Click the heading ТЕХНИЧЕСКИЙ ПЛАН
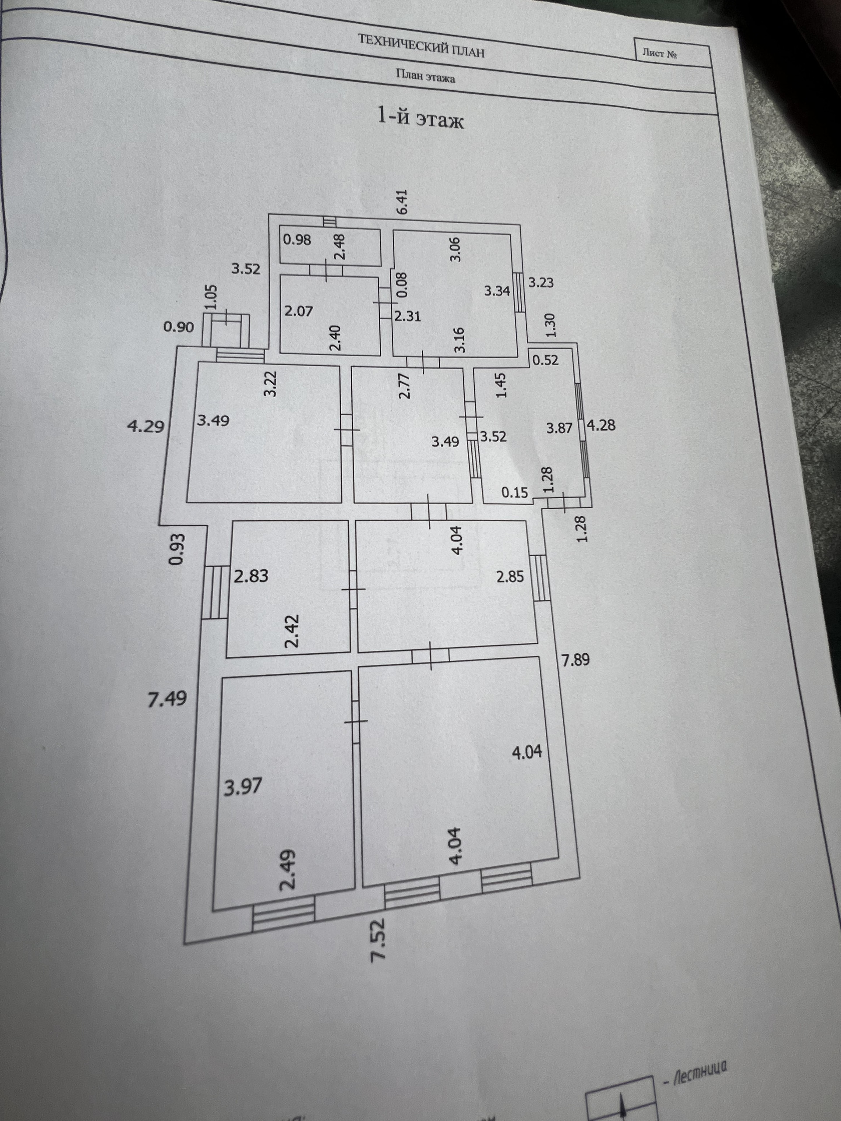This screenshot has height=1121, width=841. pyautogui.click(x=421, y=46)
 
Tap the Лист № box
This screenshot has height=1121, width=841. pyautogui.click(x=660, y=54)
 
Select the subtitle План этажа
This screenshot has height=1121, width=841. pyautogui.click(x=425, y=76)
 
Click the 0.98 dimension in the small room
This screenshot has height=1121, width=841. pyautogui.click(x=297, y=239)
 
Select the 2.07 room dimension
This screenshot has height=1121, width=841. pyautogui.click(x=298, y=310)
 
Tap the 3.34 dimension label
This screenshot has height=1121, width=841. pyautogui.click(x=497, y=291)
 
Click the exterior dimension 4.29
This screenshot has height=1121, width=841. pyautogui.click(x=145, y=426)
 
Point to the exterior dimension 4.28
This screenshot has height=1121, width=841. pyautogui.click(x=601, y=425)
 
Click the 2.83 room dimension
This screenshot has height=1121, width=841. pyautogui.click(x=251, y=576)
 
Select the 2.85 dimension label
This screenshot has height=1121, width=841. pyautogui.click(x=510, y=577)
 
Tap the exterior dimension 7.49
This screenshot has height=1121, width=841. pyautogui.click(x=167, y=699)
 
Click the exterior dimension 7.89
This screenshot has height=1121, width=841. pyautogui.click(x=576, y=660)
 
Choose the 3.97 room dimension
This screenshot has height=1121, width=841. pyautogui.click(x=243, y=787)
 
